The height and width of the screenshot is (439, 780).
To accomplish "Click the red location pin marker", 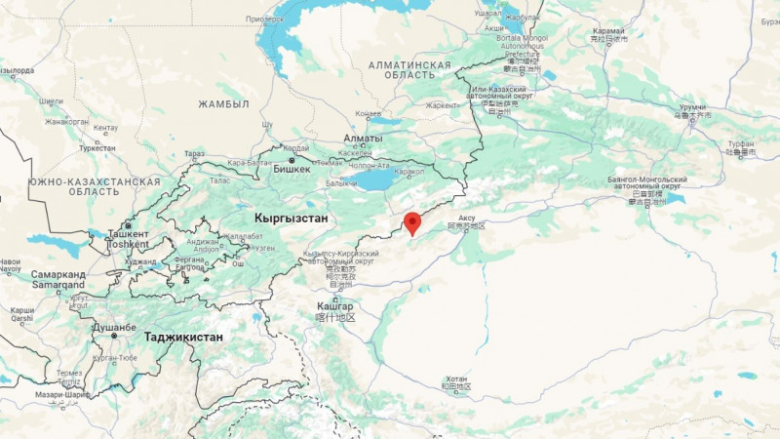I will [412, 223].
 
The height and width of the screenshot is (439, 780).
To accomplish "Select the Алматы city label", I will [363, 140].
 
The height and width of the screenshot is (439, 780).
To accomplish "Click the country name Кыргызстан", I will [290, 218].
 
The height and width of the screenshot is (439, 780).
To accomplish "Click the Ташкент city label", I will [128, 235].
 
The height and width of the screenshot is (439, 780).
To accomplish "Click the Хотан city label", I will [455, 379].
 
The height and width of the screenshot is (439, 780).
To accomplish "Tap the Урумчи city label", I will [691, 106].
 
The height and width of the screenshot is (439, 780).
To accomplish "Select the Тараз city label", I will [195, 154].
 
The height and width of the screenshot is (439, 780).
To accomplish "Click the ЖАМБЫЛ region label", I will [224, 103].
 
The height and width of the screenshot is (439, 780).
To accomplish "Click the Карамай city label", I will [607, 31].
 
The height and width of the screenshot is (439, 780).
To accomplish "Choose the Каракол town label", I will [409, 172].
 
